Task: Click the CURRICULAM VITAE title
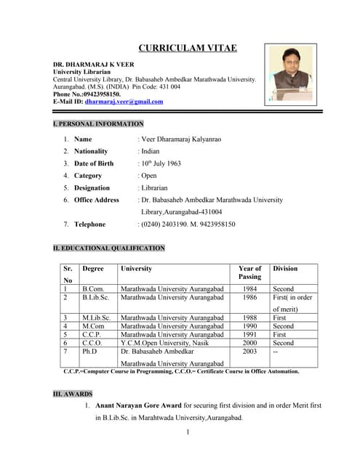[187, 49]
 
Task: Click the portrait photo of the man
[289, 76]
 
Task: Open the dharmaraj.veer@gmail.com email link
[124, 102]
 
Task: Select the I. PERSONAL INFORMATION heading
[98, 124]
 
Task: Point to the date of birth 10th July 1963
[161, 163]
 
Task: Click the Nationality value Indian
[151, 151]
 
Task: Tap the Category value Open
[149, 176]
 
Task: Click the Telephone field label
[89, 225]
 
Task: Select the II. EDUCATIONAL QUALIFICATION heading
[109, 248]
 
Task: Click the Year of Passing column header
[249, 272]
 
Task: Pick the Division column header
[285, 268]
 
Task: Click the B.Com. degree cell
[95, 288]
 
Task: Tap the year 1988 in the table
[249, 318]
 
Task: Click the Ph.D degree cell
[90, 352]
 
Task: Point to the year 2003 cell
[249, 352]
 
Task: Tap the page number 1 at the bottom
[187, 433]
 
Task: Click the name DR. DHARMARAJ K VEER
[94, 64]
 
